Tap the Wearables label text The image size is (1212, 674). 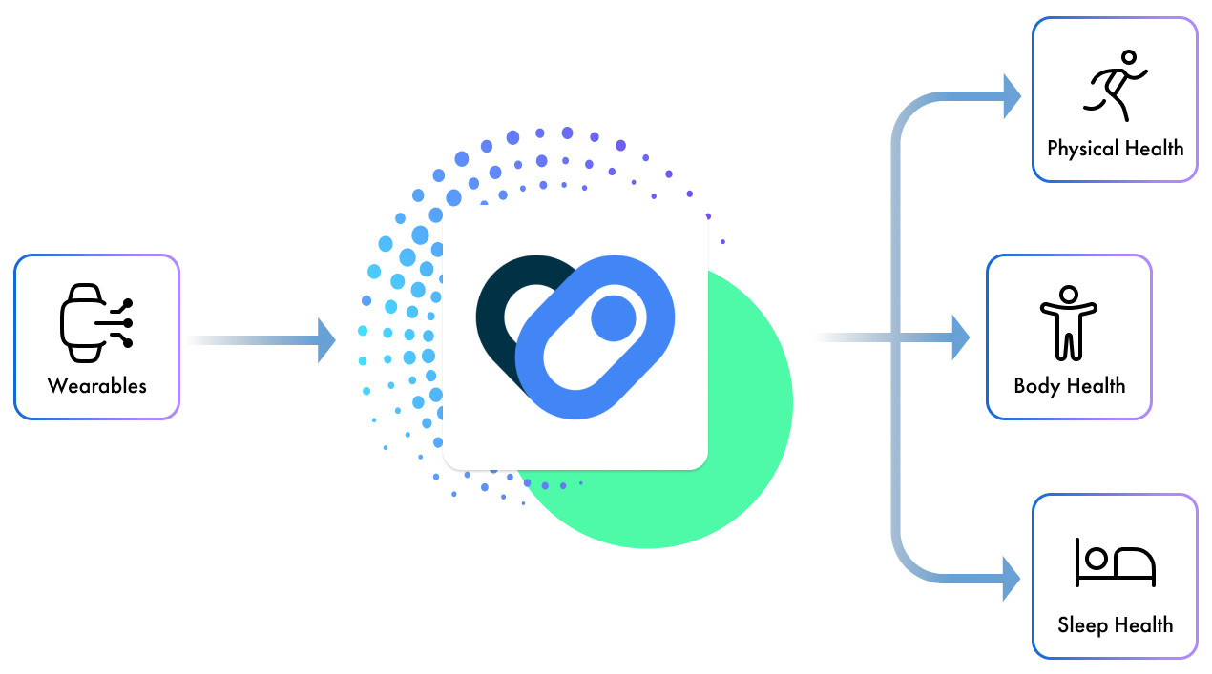point(97,386)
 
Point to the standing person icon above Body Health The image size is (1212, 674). point(1069,323)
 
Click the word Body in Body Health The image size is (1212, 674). point(1036,386)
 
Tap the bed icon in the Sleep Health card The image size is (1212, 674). point(1115,562)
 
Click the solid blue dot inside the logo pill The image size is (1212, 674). point(614,317)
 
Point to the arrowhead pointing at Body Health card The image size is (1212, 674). point(961,335)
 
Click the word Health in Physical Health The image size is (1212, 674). point(1153,149)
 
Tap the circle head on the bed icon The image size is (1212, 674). point(1097,557)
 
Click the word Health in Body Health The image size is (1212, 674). point(1096,386)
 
